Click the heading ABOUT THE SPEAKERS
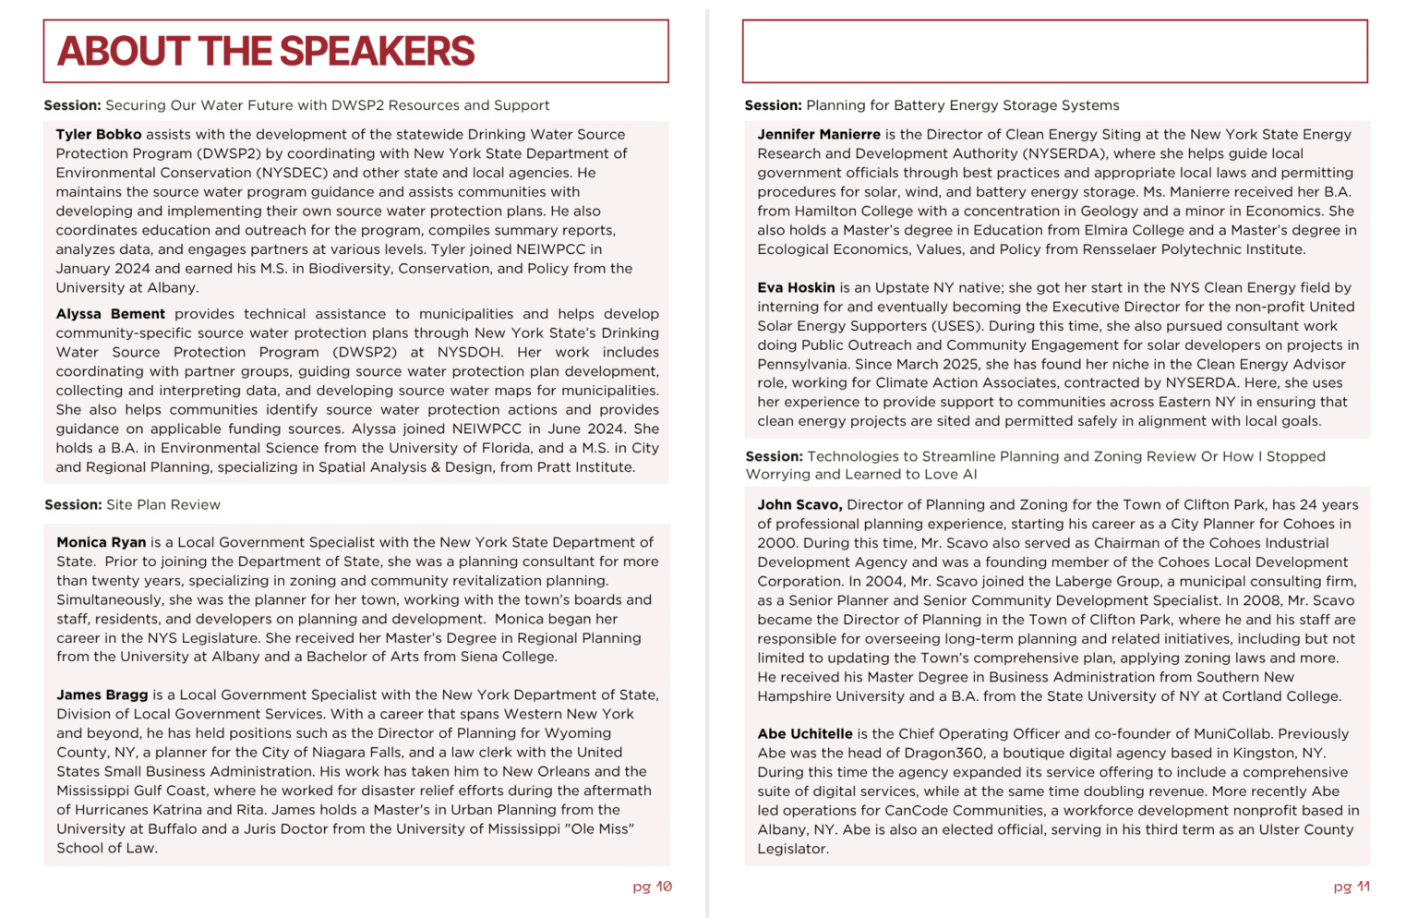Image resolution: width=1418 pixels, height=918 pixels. click(266, 52)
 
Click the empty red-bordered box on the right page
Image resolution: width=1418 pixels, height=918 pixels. click(1054, 52)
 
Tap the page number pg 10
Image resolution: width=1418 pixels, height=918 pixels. click(652, 887)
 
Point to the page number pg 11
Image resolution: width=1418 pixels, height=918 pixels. click(1352, 887)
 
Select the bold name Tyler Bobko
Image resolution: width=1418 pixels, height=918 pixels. click(98, 135)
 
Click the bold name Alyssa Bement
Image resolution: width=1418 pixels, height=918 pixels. click(110, 314)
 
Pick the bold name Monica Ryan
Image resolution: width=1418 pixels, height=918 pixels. click(101, 543)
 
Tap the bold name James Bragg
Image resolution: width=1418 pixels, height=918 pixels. click(102, 695)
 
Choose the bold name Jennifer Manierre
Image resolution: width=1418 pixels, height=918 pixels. click(819, 135)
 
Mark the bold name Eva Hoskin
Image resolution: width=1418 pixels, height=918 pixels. click(796, 288)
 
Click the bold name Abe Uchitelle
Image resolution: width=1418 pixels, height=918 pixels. click(805, 734)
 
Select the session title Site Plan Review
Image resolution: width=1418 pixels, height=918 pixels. click(163, 505)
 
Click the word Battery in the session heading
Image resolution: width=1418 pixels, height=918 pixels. click(913, 105)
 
